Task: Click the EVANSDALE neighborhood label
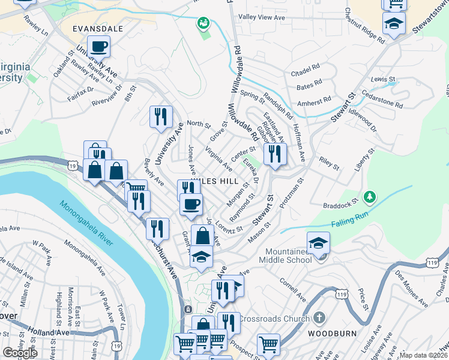pyautogui.click(x=98, y=28)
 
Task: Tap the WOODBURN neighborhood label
pyautogui.click(x=332, y=333)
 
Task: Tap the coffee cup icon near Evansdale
pyautogui.click(x=98, y=46)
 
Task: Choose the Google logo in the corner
pyautogui.click(x=20, y=353)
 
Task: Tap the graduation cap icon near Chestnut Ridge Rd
pyautogui.click(x=394, y=24)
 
